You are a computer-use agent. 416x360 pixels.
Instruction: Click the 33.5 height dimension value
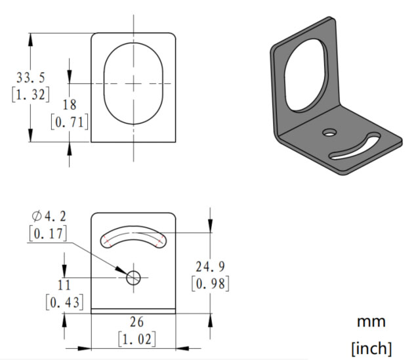tap(31, 78)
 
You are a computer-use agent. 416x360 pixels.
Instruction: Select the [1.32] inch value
tap(31, 95)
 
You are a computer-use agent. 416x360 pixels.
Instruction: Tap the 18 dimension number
tap(70, 104)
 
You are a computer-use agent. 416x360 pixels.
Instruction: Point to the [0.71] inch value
tap(70, 122)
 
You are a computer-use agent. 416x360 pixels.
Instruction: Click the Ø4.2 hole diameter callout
tap(49, 216)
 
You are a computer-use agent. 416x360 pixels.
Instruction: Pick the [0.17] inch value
tap(48, 234)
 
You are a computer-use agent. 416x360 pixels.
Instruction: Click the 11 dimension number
tap(64, 285)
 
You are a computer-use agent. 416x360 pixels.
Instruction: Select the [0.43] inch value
tap(64, 302)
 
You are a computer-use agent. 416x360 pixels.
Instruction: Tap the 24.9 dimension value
tap(211, 267)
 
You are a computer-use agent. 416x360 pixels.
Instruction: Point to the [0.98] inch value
tap(211, 284)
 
